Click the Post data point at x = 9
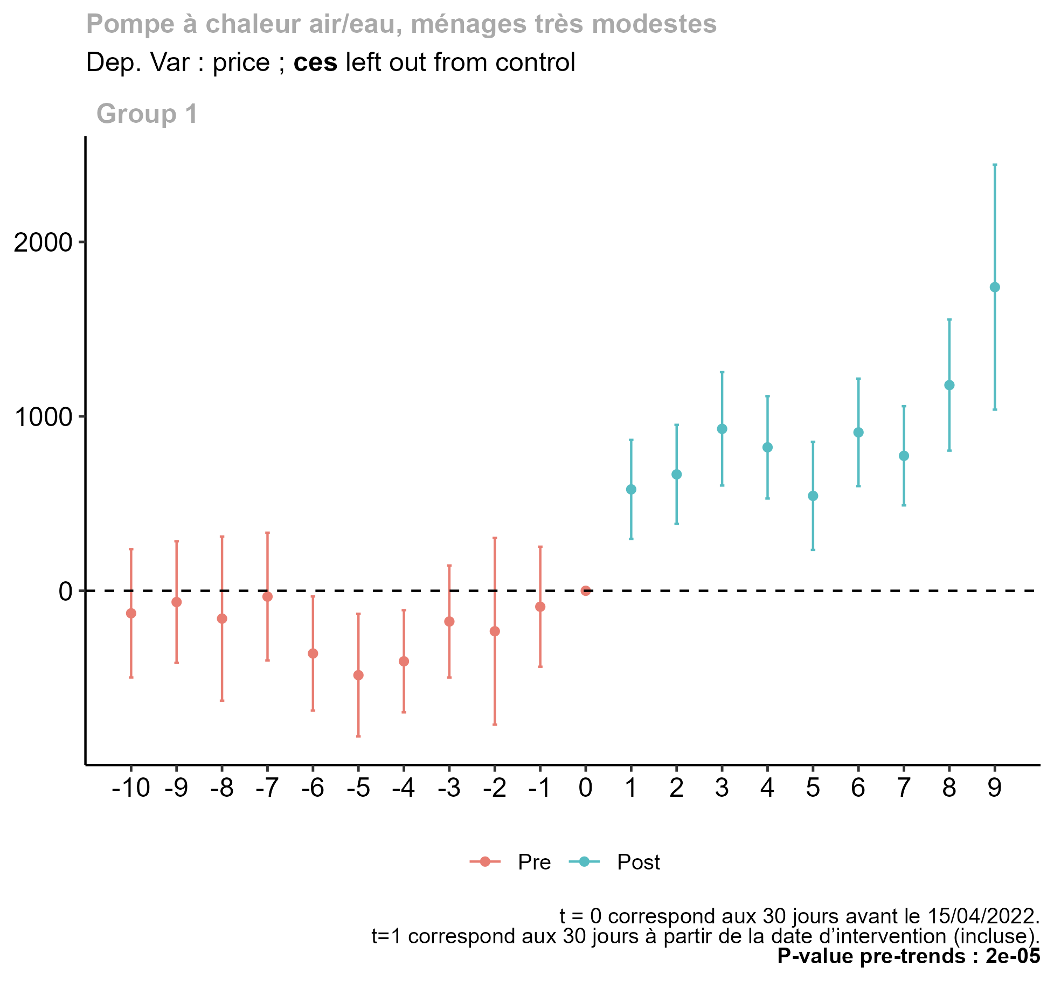coord(995,287)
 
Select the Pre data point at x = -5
coord(358,675)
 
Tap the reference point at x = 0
coord(586,591)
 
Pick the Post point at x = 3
coord(722,429)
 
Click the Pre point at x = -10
coord(131,613)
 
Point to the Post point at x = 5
coord(813,496)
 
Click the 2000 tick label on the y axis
coord(43,243)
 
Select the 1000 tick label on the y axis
coord(43,418)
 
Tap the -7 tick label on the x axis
coord(267,789)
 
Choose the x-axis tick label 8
coord(949,789)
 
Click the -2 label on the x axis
coord(495,789)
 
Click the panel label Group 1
coord(147,114)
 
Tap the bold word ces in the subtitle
coord(315,62)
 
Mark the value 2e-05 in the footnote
coord(1013,956)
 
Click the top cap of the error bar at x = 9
coord(995,164)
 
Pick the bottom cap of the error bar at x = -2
coord(495,725)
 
